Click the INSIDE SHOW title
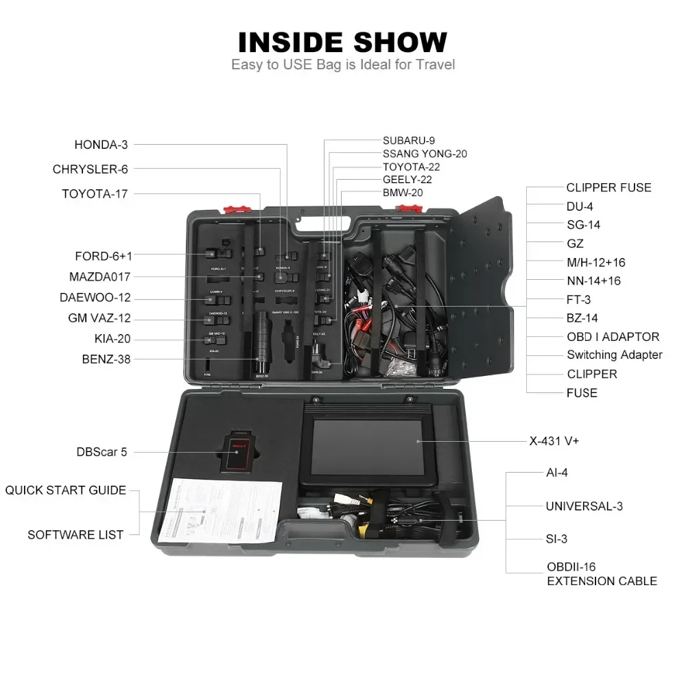coord(342,42)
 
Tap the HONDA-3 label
coord(101,145)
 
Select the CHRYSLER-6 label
coord(90,169)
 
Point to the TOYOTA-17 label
coord(95,194)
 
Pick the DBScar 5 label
coord(102,452)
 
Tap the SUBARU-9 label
coord(409,141)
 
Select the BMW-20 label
coord(403,193)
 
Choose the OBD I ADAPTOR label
coord(613,337)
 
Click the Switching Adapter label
coord(614,355)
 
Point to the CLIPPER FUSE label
coord(608,187)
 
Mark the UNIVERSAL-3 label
coord(584,507)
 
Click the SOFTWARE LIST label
coord(75,534)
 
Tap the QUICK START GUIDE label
coord(66,490)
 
